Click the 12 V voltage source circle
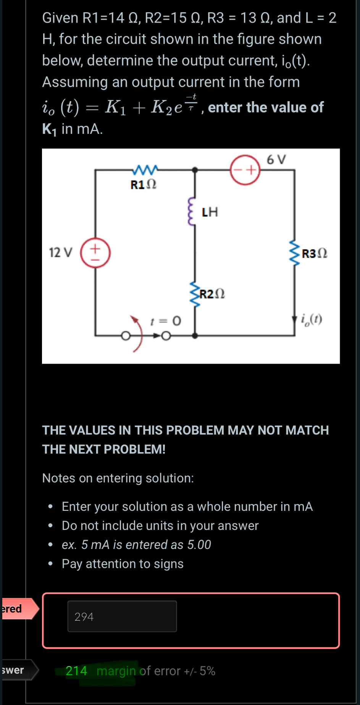[95, 253]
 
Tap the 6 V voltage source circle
[245, 170]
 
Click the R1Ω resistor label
[144, 185]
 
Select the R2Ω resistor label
[212, 294]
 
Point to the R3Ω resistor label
[315, 254]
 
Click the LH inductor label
[210, 212]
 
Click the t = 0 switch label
[165, 321]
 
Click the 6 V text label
[276, 159]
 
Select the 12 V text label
[60, 253]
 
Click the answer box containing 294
[122, 616]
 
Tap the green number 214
[76, 671]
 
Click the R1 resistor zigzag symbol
[145, 169]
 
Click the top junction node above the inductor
[195, 170]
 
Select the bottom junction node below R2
[195, 336]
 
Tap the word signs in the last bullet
[168, 564]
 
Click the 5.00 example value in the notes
[199, 545]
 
